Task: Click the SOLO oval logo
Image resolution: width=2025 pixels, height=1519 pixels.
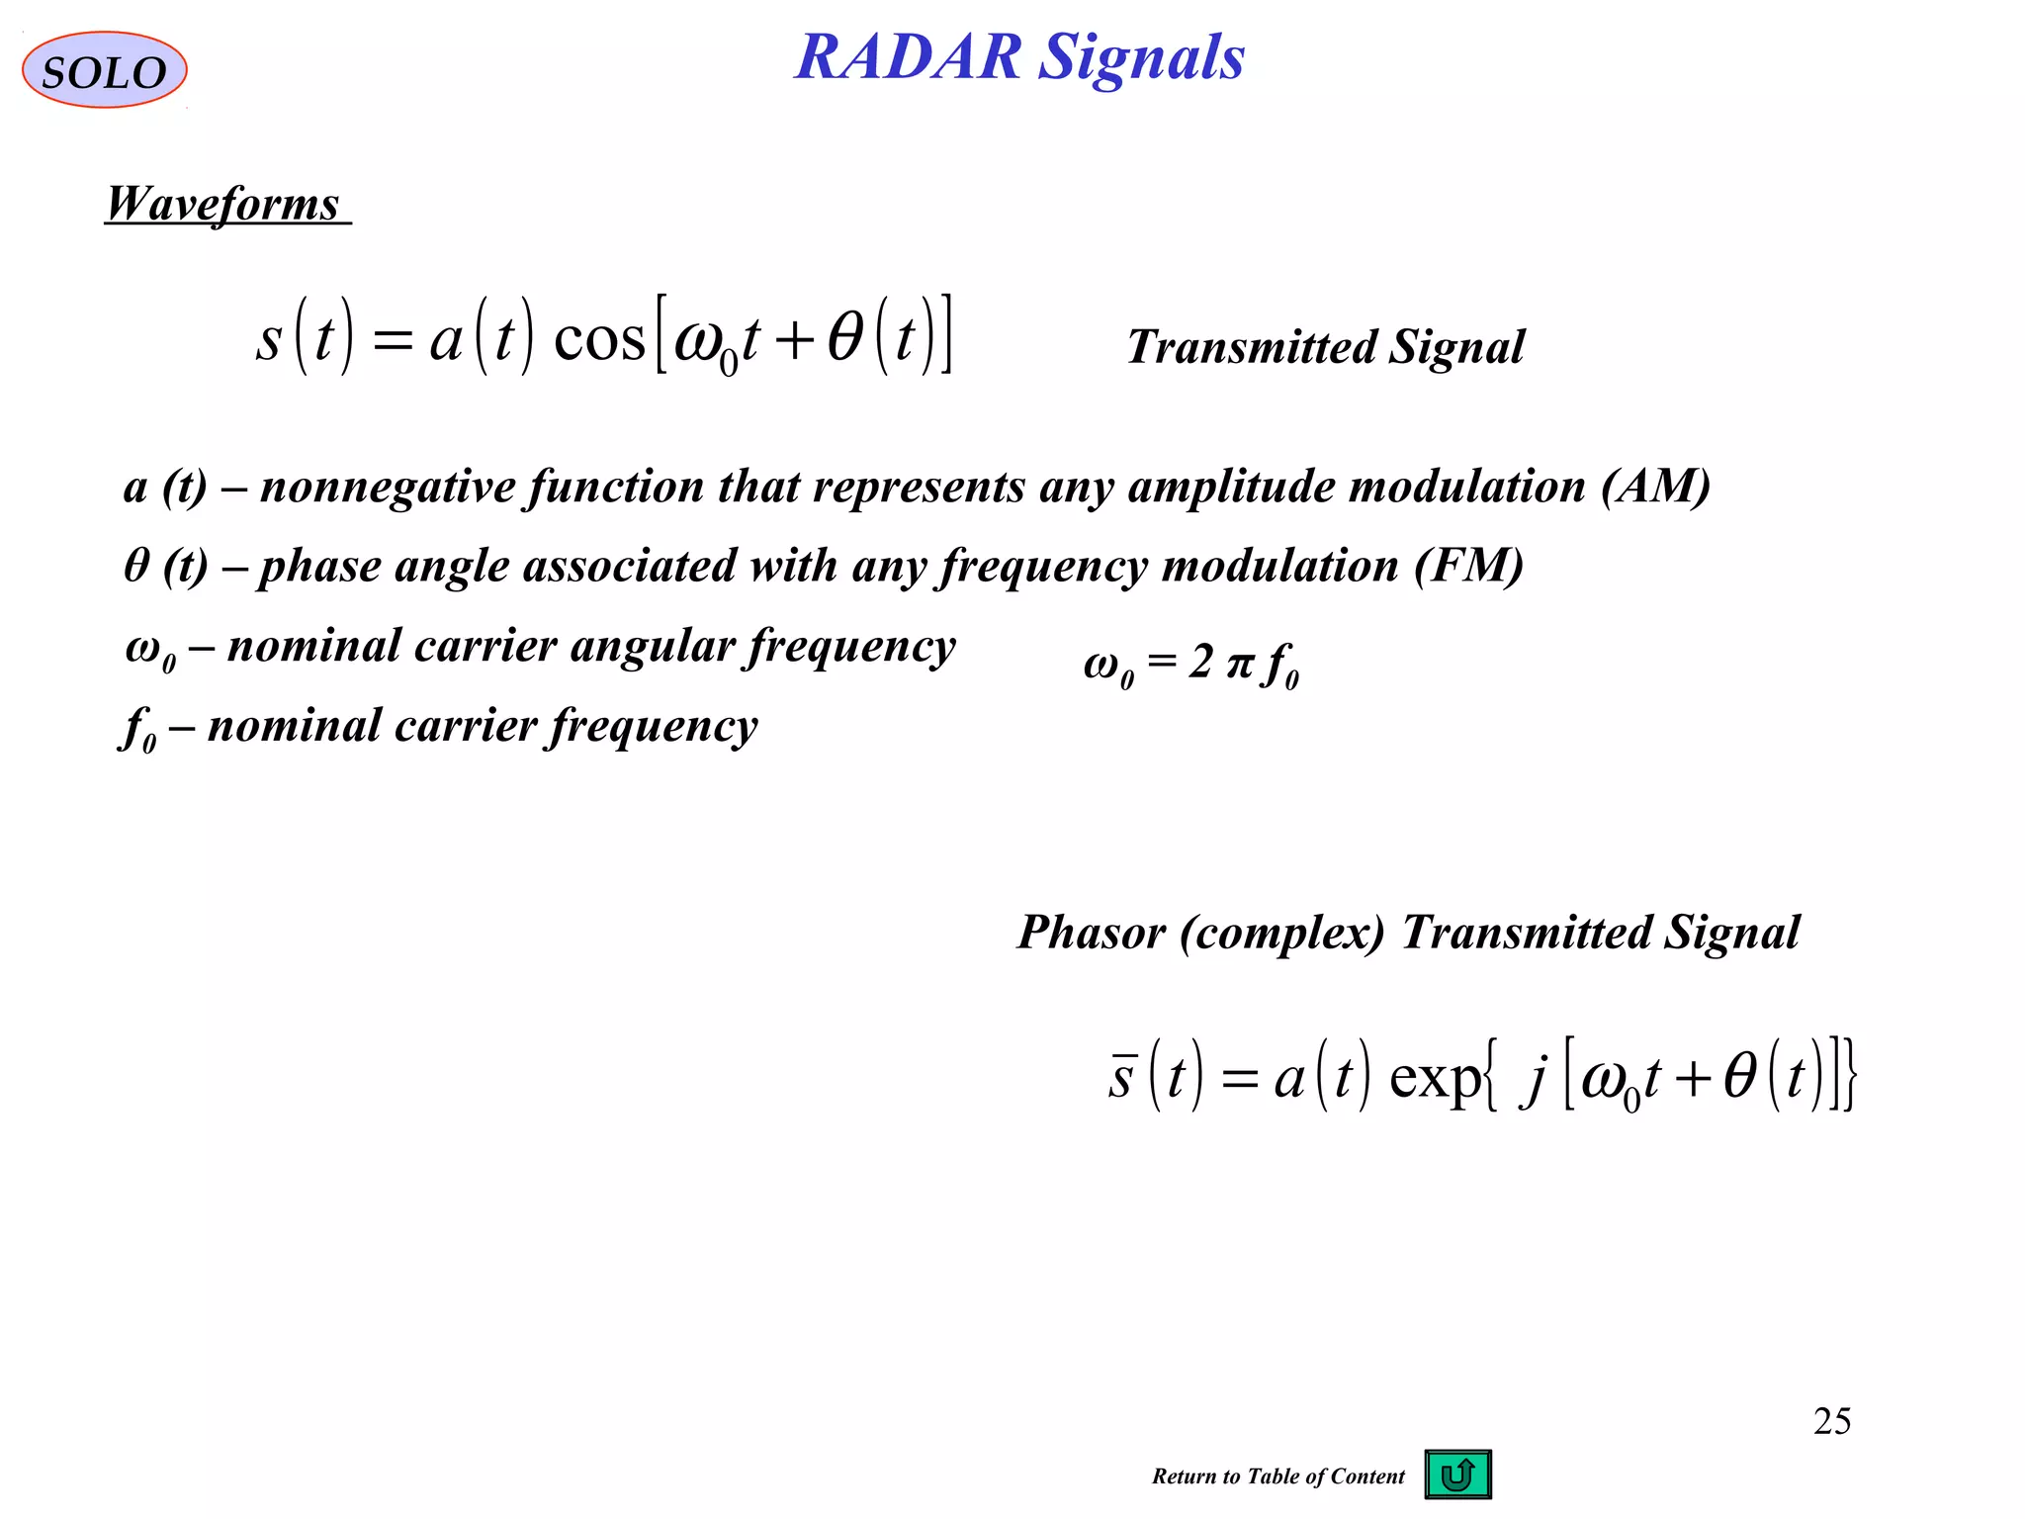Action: pyautogui.click(x=104, y=70)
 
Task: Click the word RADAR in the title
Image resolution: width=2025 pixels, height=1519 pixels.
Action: pyautogui.click(x=908, y=57)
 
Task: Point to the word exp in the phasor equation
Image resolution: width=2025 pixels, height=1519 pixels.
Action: pyautogui.click(x=1435, y=1078)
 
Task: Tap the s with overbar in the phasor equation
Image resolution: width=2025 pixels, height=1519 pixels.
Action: pyautogui.click(x=1120, y=1076)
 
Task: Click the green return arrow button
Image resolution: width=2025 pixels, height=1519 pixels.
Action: pyautogui.click(x=1457, y=1474)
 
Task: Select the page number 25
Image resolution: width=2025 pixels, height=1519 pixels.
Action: pyautogui.click(x=1831, y=1421)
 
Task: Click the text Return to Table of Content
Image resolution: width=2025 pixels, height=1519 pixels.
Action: pyautogui.click(x=1277, y=1476)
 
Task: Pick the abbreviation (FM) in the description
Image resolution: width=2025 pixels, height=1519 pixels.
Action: pyautogui.click(x=1468, y=567)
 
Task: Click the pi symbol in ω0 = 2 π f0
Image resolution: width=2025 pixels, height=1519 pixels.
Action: pyautogui.click(x=1239, y=664)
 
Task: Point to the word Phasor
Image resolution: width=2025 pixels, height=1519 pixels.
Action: pyautogui.click(x=1092, y=933)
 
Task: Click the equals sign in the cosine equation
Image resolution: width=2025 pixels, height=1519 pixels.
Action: pyautogui.click(x=392, y=342)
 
